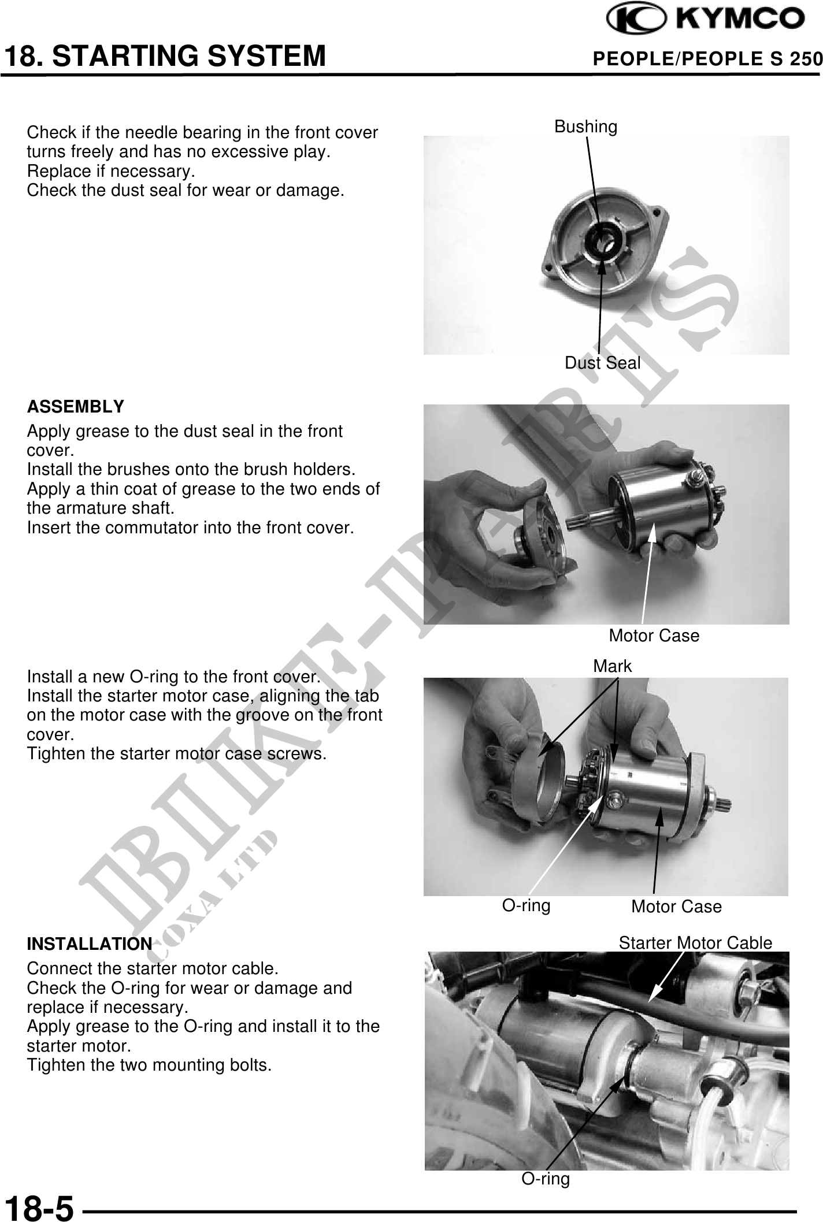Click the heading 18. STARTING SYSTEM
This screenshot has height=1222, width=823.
point(165,57)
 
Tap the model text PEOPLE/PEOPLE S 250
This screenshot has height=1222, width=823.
point(708,58)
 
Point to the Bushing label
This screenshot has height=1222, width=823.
point(585,127)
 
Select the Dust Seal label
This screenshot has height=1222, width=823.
point(602,363)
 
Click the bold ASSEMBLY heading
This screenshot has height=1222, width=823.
point(76,407)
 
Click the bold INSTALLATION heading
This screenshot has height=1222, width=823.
point(90,944)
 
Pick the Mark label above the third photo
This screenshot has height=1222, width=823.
point(613,666)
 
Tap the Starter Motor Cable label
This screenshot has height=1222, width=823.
point(695,943)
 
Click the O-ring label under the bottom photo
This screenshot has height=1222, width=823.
point(546,1179)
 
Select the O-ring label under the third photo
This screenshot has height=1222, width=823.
point(526,905)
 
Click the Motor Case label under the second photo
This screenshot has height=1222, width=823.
point(654,636)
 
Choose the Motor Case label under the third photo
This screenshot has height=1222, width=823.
point(676,907)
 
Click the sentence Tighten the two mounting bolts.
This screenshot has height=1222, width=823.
point(149,1065)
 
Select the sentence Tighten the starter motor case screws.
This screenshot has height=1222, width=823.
point(177,754)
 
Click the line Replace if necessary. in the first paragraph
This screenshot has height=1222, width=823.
point(111,172)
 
